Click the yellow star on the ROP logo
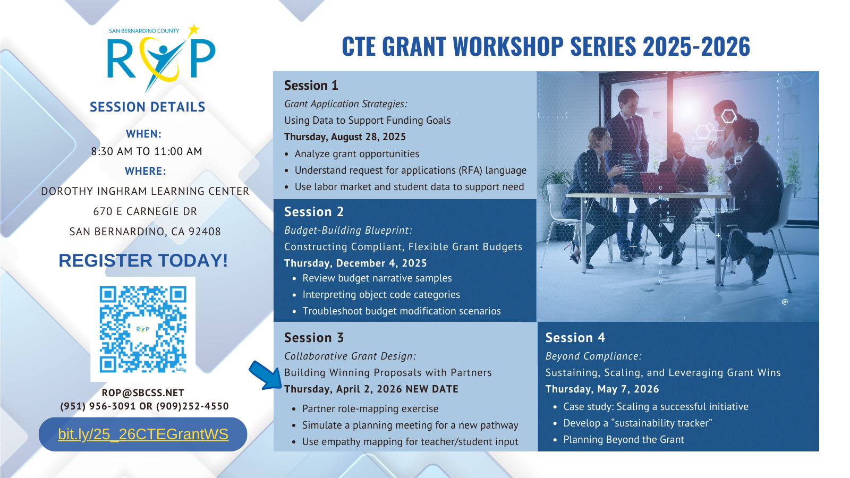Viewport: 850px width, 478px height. [194, 30]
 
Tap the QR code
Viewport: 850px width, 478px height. [143, 329]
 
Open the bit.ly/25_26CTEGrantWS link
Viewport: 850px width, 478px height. [143, 434]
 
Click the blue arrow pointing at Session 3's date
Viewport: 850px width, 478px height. [265, 375]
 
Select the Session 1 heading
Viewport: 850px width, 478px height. [311, 86]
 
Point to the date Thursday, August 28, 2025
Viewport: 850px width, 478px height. [345, 136]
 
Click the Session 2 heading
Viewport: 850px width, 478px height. [314, 212]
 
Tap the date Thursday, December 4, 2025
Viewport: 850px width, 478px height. [355, 263]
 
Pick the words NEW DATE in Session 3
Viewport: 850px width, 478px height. [432, 389]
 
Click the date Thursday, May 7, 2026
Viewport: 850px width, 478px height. [602, 389]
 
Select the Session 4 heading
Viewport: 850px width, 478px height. [575, 338]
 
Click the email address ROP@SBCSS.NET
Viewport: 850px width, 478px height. [143, 392]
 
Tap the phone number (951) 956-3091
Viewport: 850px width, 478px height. [98, 406]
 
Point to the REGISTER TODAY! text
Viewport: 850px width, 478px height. [143, 261]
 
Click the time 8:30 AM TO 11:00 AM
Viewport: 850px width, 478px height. [147, 151]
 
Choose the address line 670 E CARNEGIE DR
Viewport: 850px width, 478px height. [146, 211]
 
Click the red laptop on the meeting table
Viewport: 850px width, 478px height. [659, 182]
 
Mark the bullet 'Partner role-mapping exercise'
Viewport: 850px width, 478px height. [370, 408]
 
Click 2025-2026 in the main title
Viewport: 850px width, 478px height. [696, 46]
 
